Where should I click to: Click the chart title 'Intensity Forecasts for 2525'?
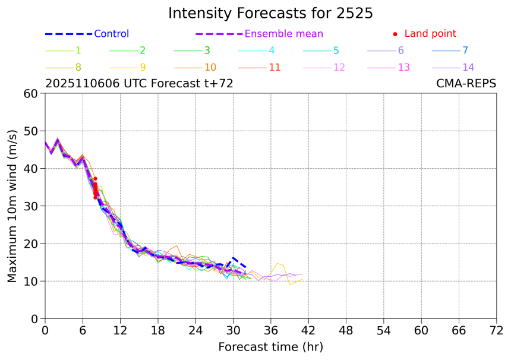click(270, 13)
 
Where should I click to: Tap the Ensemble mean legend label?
click(284, 34)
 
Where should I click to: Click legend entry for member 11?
click(275, 67)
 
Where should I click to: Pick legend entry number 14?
click(468, 67)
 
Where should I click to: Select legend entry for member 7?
click(465, 50)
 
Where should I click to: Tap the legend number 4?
click(272, 50)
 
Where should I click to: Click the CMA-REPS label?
click(466, 84)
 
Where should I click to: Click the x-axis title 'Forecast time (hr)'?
click(270, 346)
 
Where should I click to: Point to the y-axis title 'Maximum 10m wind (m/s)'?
click(12, 206)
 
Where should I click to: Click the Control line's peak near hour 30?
click(234, 257)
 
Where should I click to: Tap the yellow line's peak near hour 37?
click(277, 263)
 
